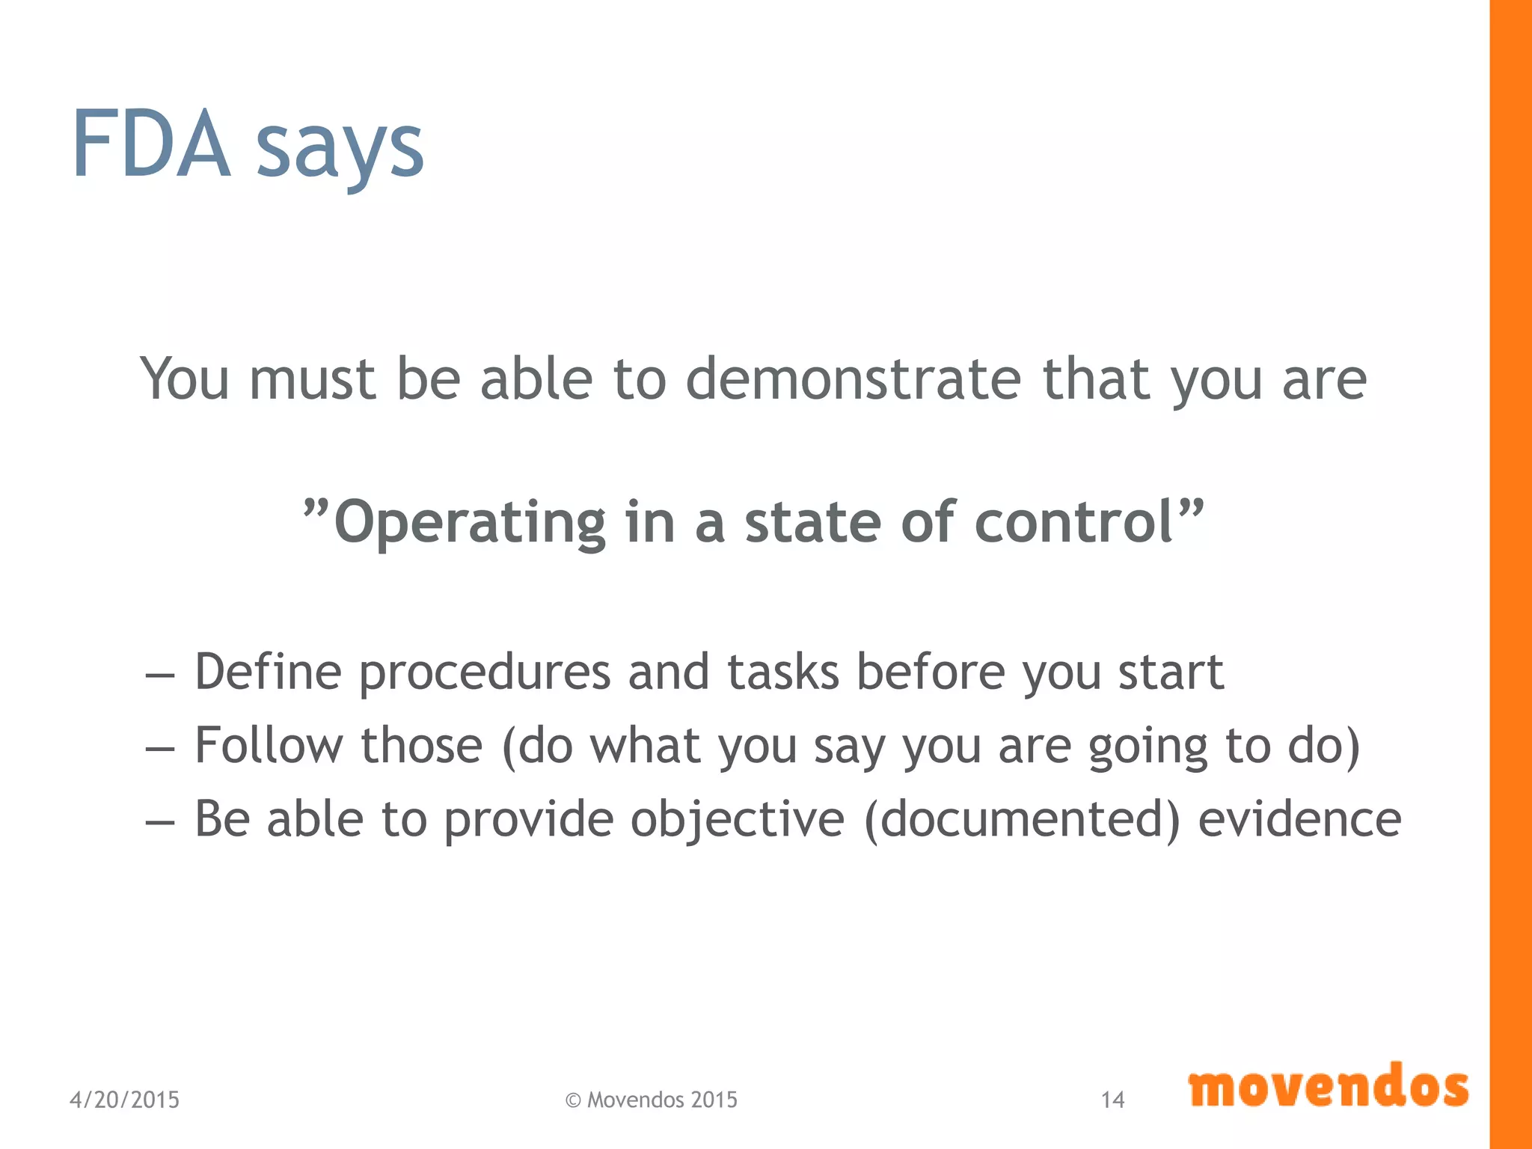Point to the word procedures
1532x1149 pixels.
485,672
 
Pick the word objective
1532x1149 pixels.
737,820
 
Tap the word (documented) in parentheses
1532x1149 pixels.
1022,818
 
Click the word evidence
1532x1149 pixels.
1299,818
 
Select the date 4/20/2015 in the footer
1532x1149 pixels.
124,1100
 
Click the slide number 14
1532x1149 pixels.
1112,1100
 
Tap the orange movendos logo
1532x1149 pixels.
1328,1086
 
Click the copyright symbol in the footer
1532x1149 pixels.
573,1100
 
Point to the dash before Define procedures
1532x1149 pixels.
159,675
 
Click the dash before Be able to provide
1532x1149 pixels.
159,823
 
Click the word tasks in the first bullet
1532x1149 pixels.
783,671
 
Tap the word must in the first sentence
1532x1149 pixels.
312,379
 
